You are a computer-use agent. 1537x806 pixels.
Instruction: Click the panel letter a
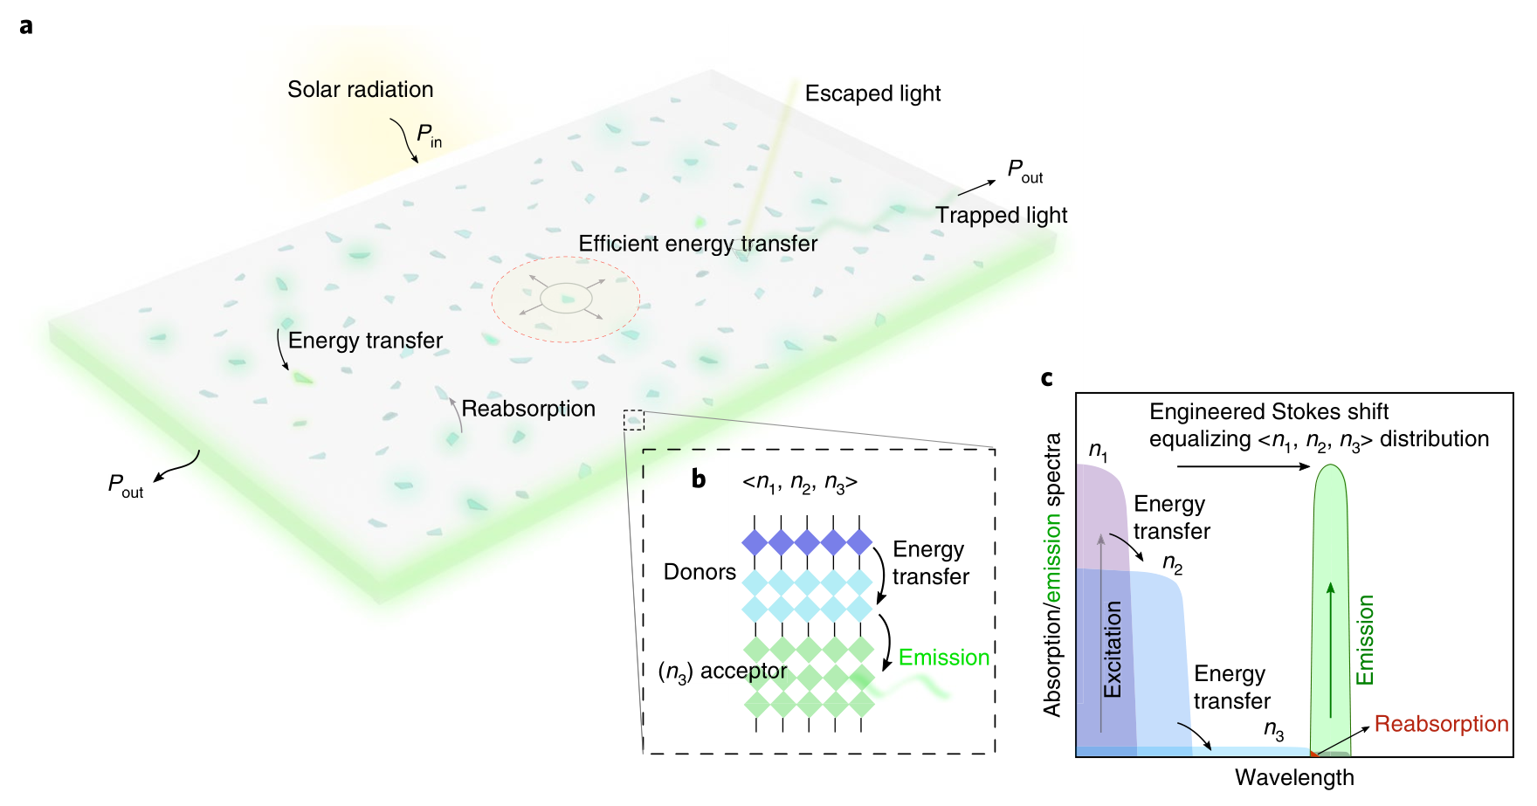(26, 26)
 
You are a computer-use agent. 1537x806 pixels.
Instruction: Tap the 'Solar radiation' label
(360, 89)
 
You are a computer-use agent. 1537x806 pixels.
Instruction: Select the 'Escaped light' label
(872, 93)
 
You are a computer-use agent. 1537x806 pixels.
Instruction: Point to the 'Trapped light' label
(1001, 215)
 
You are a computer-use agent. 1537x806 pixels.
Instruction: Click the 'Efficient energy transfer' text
(698, 244)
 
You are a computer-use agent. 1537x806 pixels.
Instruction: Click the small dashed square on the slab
(634, 420)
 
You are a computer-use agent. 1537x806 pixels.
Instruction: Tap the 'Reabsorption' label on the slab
(528, 409)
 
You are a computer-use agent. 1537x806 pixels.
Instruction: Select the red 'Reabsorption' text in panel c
(1441, 724)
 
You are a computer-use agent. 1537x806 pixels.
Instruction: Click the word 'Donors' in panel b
(700, 572)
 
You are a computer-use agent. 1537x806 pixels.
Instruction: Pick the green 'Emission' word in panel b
(944, 658)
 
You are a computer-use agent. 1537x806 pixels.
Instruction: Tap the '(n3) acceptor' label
(722, 672)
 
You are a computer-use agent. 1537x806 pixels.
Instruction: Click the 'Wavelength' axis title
(1294, 777)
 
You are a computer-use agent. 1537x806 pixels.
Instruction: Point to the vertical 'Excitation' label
(1112, 649)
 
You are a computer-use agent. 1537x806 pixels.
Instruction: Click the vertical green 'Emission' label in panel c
(1365, 640)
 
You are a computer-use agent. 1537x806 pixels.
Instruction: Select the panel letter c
(1047, 378)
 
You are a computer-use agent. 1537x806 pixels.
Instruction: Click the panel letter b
(699, 479)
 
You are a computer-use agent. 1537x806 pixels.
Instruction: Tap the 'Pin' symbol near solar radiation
(429, 135)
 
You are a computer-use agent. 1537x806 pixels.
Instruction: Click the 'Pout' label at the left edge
(125, 486)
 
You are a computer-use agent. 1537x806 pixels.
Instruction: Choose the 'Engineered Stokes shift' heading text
(1268, 412)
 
